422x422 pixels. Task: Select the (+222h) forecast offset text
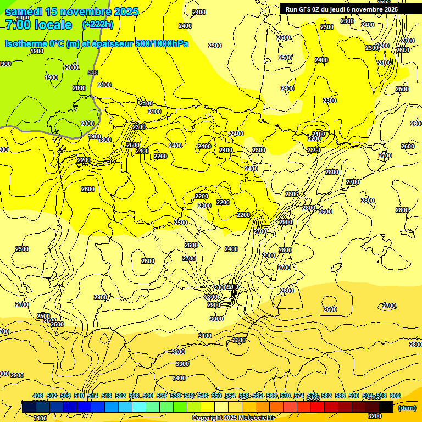(98, 24)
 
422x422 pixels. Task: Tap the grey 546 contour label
(93, 73)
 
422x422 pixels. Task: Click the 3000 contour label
(216, 319)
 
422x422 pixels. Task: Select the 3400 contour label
(179, 378)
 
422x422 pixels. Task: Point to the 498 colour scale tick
(38, 396)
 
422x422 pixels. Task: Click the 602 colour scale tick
(395, 396)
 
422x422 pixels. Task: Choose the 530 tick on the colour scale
(148, 396)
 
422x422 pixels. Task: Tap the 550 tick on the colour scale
(216, 396)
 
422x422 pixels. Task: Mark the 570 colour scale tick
(285, 396)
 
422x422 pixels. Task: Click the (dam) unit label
(407, 407)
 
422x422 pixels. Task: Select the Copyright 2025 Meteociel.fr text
(232, 418)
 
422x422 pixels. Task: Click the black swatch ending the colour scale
(386, 407)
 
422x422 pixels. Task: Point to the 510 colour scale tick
(79, 396)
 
